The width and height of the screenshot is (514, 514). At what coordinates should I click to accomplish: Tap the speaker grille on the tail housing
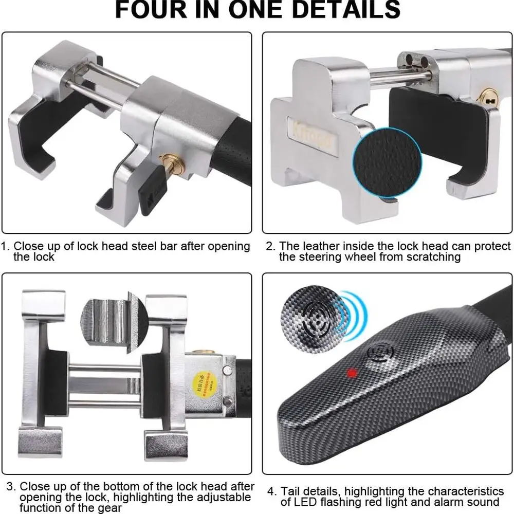pos(380,355)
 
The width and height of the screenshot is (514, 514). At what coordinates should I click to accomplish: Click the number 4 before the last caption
pos(270,491)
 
